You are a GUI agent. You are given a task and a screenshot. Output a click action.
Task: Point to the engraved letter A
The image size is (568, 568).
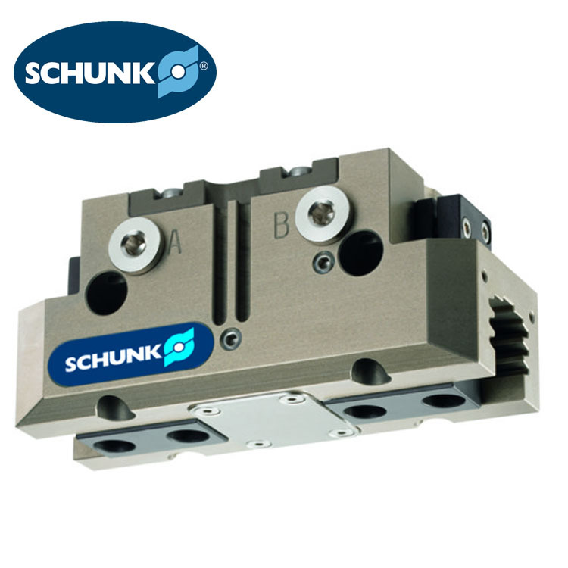click(174, 243)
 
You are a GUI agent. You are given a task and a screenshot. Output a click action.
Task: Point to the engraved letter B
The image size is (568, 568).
click(281, 226)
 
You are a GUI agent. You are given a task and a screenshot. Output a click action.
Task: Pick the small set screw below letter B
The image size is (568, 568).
click(325, 262)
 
